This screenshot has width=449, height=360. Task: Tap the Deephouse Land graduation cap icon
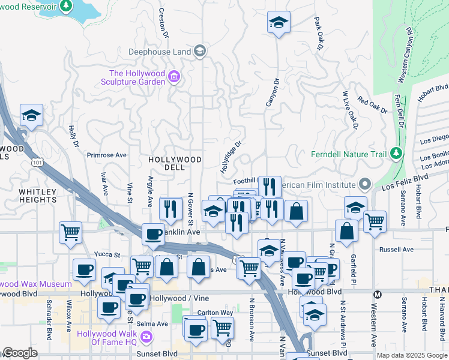[x=200, y=52]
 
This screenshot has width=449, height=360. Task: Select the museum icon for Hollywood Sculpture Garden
[x=174, y=77]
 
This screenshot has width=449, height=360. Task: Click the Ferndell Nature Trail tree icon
[x=396, y=154]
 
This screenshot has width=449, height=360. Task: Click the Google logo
[x=19, y=353]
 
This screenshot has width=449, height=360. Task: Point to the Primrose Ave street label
[x=106, y=155]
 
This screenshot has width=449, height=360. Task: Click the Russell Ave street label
[x=397, y=249]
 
